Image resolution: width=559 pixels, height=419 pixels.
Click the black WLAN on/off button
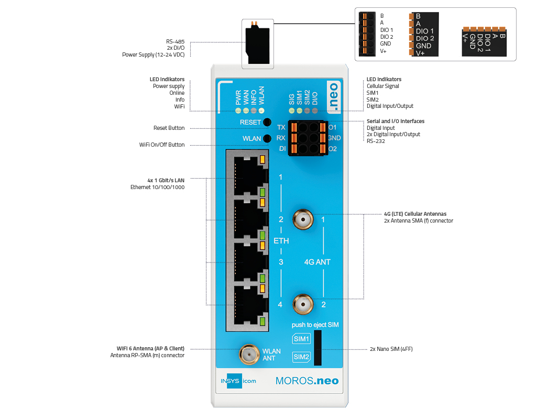click(x=267, y=138)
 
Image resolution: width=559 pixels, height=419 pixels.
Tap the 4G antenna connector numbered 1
click(x=303, y=219)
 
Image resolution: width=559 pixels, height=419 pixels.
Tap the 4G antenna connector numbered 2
click(x=303, y=304)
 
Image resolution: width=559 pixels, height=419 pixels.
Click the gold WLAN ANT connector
click(x=249, y=354)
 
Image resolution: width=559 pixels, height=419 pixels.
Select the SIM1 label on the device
click(x=301, y=339)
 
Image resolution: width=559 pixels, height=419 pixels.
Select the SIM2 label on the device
click(x=301, y=357)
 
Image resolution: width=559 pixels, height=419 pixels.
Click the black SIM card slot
click(x=317, y=348)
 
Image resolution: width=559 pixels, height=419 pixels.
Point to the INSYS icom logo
click(x=238, y=381)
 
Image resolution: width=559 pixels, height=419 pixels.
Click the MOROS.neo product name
click(x=307, y=381)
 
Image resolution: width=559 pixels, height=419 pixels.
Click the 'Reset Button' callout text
click(x=169, y=128)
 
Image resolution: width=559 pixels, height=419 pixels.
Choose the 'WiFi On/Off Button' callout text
click(x=162, y=145)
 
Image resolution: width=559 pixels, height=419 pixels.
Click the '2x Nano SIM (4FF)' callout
click(x=391, y=349)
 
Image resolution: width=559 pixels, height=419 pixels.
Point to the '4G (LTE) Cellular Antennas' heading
click(x=415, y=214)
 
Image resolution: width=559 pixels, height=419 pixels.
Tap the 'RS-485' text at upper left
click(x=175, y=41)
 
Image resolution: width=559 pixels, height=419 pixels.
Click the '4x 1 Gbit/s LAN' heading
click(x=166, y=180)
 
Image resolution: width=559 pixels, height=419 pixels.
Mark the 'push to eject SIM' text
click(x=315, y=325)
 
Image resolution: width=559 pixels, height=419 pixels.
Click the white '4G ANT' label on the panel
click(x=317, y=262)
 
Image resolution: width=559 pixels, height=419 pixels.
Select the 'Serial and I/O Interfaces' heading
click(x=396, y=121)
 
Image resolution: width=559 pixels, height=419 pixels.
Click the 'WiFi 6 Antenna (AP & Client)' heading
click(x=150, y=348)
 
